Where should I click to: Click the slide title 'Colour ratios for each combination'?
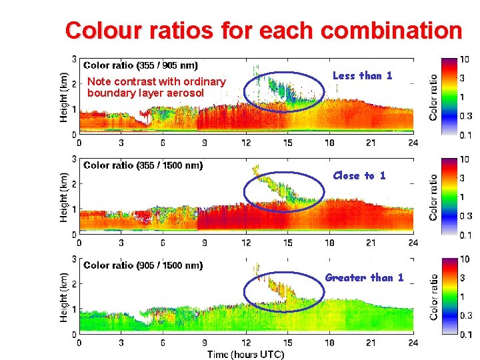(x=263, y=31)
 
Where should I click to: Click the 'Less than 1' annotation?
(x=362, y=76)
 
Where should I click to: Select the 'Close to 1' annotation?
(x=359, y=175)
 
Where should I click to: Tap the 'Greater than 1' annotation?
(x=364, y=277)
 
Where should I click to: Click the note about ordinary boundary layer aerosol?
(x=156, y=87)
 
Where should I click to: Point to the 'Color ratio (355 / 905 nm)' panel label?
(x=140, y=65)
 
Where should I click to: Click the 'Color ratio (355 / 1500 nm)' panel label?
(x=143, y=165)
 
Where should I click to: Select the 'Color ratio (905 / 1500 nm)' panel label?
(x=143, y=265)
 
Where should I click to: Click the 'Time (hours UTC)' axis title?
(x=245, y=354)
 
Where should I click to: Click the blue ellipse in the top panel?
(x=283, y=91)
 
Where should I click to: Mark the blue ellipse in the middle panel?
(x=283, y=192)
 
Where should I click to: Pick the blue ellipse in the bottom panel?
(x=283, y=291)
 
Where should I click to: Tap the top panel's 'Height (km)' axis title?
(x=64, y=97)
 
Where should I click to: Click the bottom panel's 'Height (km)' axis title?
(x=64, y=297)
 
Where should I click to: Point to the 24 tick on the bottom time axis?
(x=413, y=342)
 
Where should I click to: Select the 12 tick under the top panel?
(x=246, y=142)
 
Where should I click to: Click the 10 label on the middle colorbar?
(x=465, y=159)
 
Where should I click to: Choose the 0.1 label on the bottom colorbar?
(x=465, y=335)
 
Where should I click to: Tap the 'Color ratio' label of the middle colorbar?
(x=433, y=197)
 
